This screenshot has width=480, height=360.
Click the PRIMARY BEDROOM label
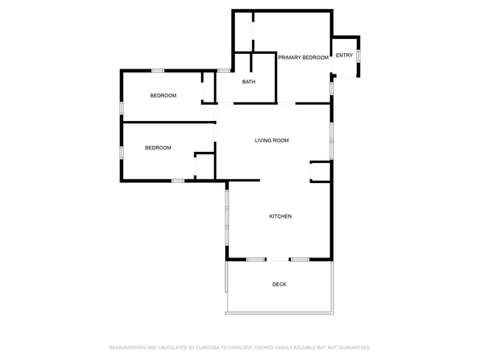(x=303, y=57)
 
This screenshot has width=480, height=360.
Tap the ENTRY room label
(x=344, y=56)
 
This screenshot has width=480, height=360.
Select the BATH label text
(x=249, y=81)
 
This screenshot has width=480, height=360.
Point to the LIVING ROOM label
(x=271, y=140)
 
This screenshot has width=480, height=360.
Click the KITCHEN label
(x=280, y=216)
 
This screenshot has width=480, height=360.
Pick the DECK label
(x=279, y=284)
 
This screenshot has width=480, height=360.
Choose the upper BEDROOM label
(x=163, y=95)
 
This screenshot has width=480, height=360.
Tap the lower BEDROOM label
(x=157, y=148)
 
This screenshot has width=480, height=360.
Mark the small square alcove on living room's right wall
(x=320, y=171)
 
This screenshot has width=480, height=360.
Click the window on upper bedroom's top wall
(x=157, y=70)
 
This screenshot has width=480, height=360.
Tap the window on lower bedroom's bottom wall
(x=177, y=181)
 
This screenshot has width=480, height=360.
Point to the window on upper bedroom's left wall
(x=122, y=106)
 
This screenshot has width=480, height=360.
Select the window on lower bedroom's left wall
(x=122, y=153)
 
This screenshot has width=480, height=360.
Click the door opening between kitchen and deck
(x=278, y=259)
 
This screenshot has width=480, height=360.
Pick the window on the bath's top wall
(x=224, y=70)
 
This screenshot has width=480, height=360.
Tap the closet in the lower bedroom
(x=204, y=165)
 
